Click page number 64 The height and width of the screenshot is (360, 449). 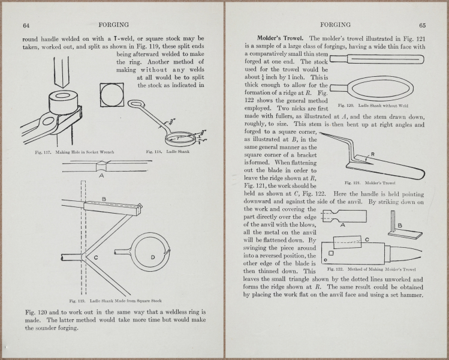[x=26, y=25]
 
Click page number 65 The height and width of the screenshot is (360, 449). [x=422, y=25]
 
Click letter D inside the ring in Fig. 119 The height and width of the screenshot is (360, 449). [x=153, y=257]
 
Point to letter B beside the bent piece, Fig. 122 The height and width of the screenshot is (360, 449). [x=401, y=225]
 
